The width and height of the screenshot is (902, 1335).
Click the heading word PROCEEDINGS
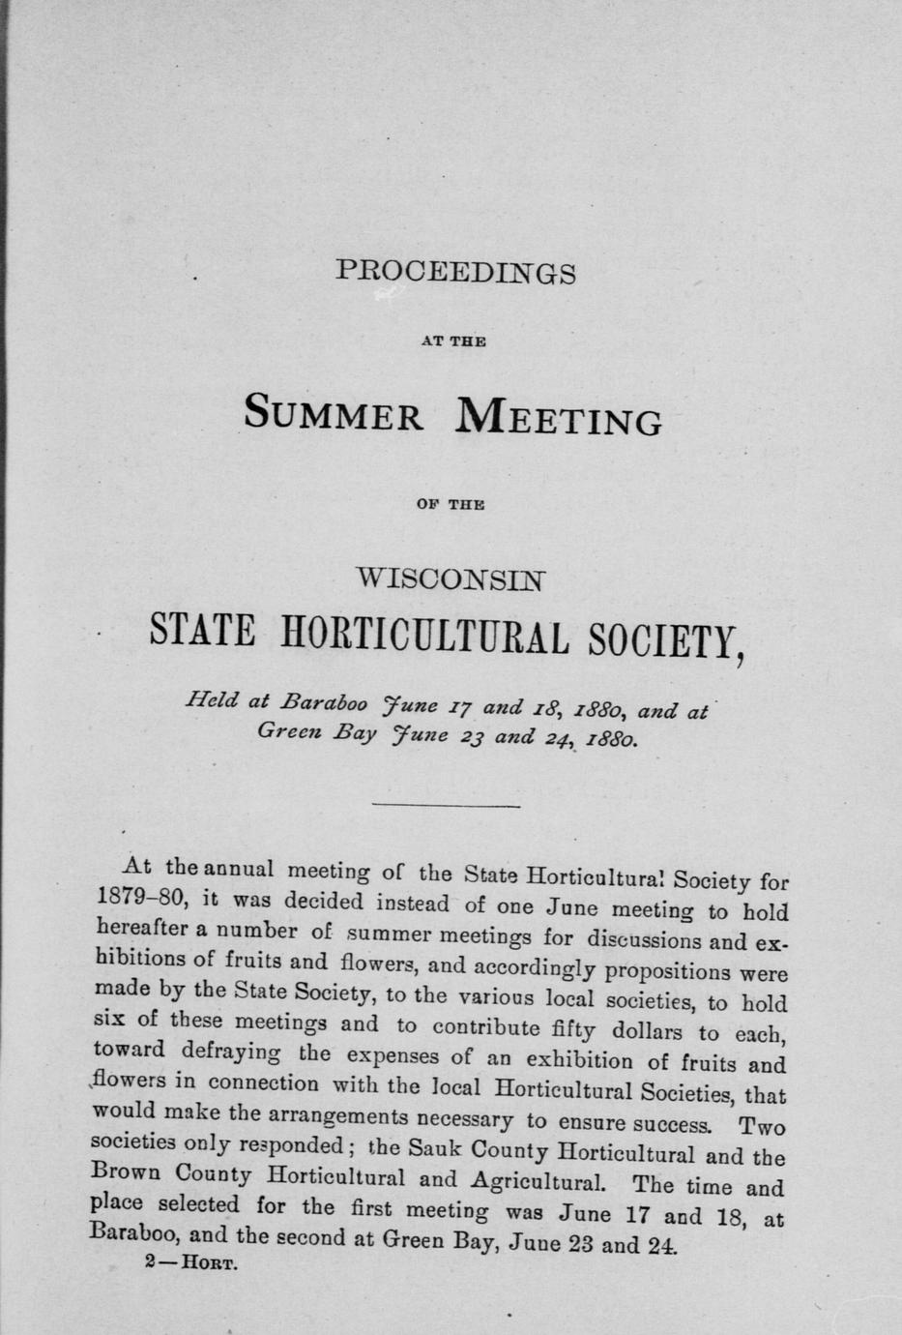tap(455, 274)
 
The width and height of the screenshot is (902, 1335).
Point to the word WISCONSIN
tap(452, 580)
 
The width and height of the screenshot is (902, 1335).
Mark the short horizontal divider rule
tap(446, 805)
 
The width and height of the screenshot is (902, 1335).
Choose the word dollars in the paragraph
tap(635, 1031)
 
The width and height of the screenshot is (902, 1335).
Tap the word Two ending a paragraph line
tap(761, 1126)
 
